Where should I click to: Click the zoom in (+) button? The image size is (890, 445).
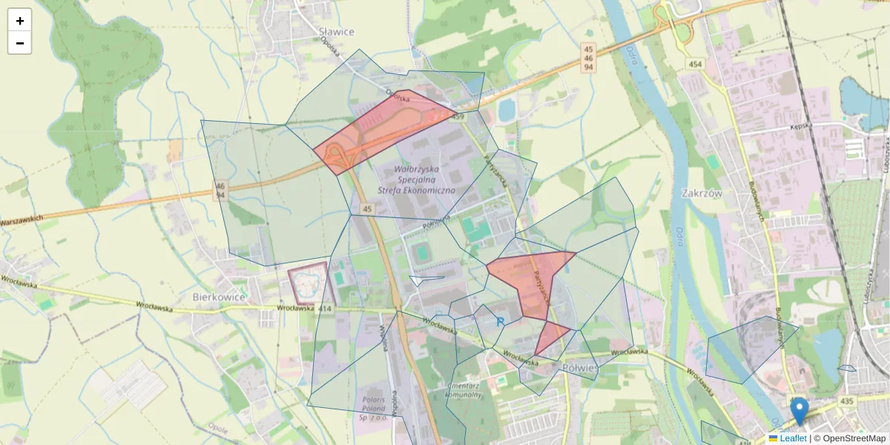point(19,20)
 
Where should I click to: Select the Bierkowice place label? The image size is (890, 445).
point(219,297)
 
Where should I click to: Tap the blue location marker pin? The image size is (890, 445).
point(799,411)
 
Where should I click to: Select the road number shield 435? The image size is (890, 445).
point(847,401)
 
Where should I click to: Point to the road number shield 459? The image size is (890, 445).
point(458,117)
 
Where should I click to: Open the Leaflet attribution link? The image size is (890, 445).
point(788,438)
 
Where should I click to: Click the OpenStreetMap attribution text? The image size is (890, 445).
point(849,438)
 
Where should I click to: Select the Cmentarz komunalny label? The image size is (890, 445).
point(466,390)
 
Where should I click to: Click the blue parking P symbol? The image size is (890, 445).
point(501,322)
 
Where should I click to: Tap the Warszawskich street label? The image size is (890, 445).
point(22,220)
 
